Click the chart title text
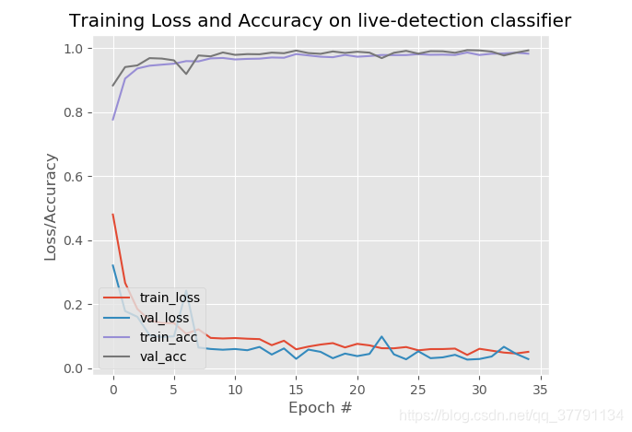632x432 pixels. [x=320, y=20]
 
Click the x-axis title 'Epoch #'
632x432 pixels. [x=320, y=407]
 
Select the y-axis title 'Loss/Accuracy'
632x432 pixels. [x=51, y=206]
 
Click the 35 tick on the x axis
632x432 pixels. [x=540, y=388]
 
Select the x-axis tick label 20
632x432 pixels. [x=357, y=388]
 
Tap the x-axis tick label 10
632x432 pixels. [x=235, y=388]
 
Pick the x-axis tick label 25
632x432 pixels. [x=418, y=388]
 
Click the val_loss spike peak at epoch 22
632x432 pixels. [x=381, y=336]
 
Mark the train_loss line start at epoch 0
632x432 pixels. [x=113, y=215]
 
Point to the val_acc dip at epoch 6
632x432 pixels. [x=186, y=74]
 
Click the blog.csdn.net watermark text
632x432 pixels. [x=511, y=416]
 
